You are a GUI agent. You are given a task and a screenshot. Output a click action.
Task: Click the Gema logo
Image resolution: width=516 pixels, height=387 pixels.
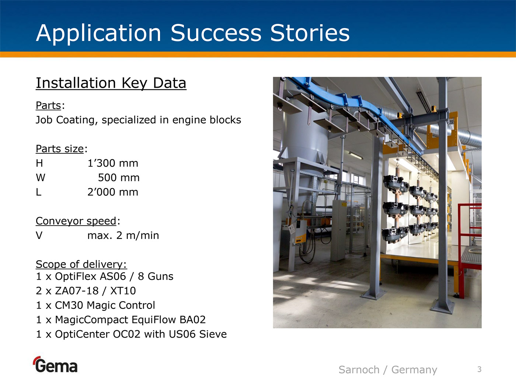(x=55, y=365)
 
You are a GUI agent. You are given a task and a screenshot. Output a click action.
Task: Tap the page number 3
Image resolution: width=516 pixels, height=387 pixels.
(x=479, y=369)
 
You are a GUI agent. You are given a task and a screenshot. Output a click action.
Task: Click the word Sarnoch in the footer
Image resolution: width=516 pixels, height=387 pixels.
(x=359, y=370)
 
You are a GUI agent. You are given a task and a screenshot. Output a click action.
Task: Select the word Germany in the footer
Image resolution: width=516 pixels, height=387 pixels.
(x=414, y=370)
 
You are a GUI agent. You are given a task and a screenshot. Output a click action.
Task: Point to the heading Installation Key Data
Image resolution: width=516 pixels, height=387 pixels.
(x=111, y=83)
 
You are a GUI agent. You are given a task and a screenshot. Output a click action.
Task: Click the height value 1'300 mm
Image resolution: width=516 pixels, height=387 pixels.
(x=113, y=163)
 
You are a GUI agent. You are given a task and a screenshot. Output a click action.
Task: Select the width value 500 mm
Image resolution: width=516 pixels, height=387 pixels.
(x=119, y=178)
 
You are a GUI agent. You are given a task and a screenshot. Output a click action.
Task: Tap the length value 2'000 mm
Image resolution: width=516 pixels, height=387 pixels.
(x=113, y=192)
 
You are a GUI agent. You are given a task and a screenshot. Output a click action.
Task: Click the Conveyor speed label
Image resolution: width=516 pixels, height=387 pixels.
(x=76, y=221)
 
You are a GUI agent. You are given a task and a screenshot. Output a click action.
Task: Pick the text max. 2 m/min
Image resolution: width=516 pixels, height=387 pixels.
(x=123, y=235)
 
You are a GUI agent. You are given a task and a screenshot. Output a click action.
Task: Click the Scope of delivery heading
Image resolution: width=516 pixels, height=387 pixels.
(x=81, y=264)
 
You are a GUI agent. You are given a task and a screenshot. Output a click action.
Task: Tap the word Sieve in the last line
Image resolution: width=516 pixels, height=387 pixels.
(x=213, y=334)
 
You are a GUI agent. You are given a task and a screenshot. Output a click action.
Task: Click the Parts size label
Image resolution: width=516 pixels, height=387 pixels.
(x=60, y=149)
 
